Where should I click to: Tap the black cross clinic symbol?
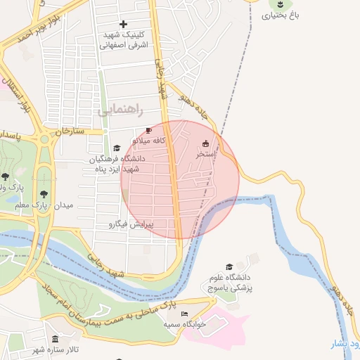(123, 25)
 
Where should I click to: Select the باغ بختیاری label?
(281, 15)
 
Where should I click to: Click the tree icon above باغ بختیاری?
(281, 4)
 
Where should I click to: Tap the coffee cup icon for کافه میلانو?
(148, 131)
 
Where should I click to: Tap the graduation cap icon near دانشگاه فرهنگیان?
(117, 148)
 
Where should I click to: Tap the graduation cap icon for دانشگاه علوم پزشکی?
(229, 267)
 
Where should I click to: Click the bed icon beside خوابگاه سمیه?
(184, 314)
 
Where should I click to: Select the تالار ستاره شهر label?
(56, 350)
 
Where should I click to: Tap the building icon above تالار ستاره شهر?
(56, 340)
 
